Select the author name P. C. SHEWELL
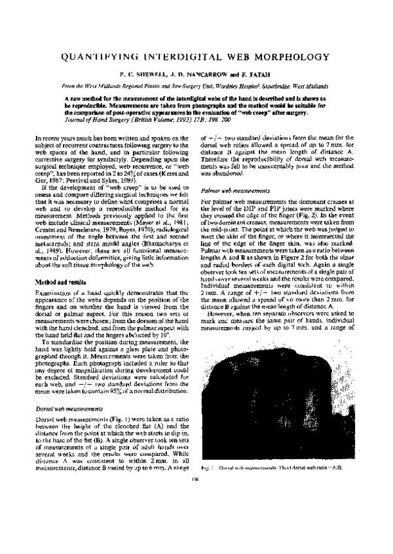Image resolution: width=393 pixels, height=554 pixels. [x=131, y=75]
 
